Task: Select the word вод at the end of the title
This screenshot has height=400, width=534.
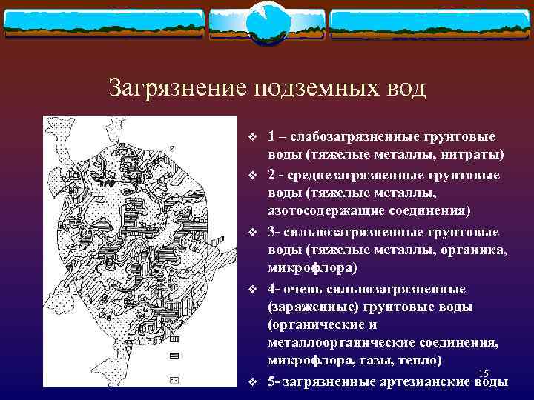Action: [x=405, y=88]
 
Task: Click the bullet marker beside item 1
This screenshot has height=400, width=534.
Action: [x=253, y=137]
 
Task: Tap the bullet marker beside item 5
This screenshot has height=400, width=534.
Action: [x=253, y=382]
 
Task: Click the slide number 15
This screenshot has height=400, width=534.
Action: [x=484, y=372]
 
